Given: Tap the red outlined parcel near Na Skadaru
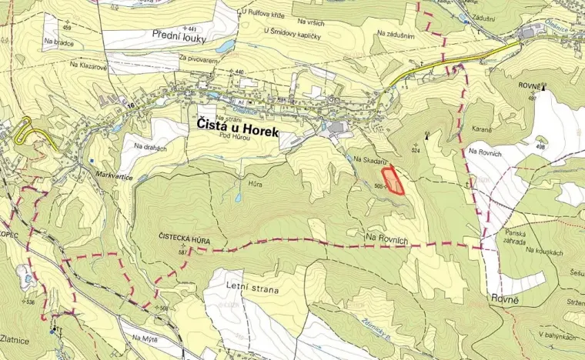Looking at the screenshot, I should (394, 180).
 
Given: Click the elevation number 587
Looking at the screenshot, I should (183, 252).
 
